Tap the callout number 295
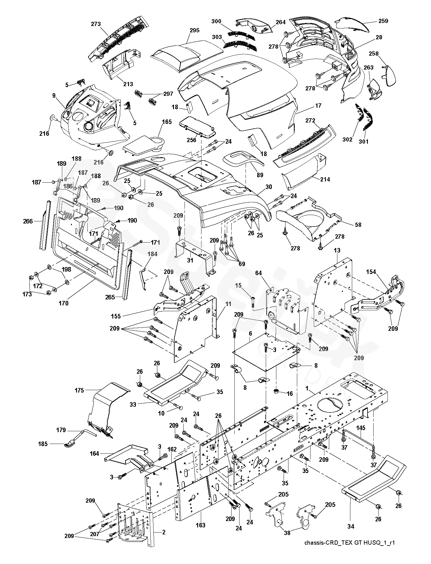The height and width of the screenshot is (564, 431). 195,30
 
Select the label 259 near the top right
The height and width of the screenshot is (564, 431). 383,21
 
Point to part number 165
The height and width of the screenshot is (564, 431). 167,122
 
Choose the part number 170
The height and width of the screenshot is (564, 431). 63,303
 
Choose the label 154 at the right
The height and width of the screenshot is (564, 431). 371,272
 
